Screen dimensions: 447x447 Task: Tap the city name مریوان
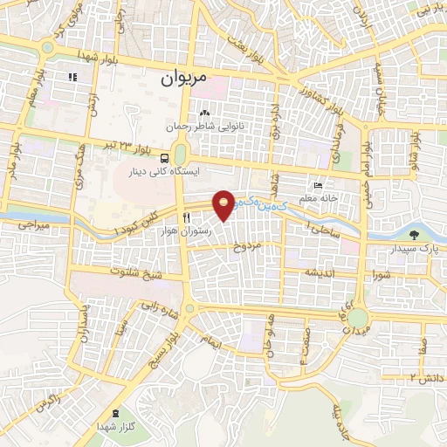click(x=184, y=78)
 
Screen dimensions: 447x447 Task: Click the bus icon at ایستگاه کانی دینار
click(x=165, y=158)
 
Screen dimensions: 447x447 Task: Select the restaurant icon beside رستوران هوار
click(x=186, y=218)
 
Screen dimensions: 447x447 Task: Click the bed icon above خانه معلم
click(x=319, y=186)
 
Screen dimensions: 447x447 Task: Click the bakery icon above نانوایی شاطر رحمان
click(x=205, y=114)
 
